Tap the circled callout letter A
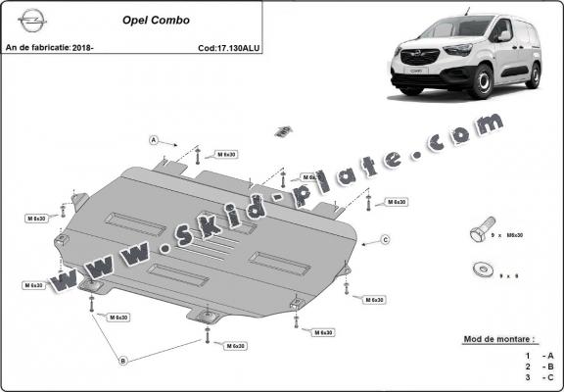pos(154,140)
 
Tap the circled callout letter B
pos(123,361)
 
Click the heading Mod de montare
pos(499,339)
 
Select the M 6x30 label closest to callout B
pos(117,318)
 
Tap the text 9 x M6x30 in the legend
pos(510,236)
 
